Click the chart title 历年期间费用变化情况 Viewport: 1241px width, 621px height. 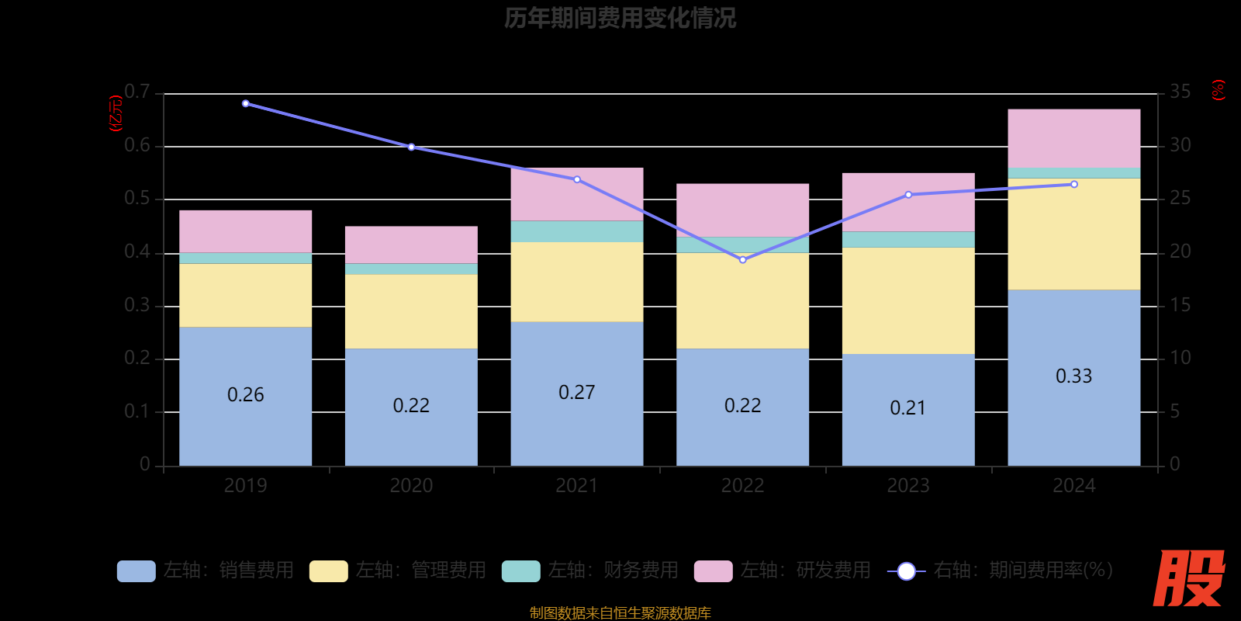tap(620, 17)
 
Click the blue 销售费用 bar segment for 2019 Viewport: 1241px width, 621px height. tap(245, 419)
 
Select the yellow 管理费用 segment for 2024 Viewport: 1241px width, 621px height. tap(1073, 234)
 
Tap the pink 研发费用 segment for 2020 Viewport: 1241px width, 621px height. tap(411, 245)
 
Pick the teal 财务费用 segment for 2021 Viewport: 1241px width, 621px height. tap(576, 231)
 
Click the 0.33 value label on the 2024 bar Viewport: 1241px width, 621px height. tap(1073, 376)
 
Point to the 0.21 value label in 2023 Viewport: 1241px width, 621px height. tap(907, 408)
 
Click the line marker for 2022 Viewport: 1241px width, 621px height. tap(742, 260)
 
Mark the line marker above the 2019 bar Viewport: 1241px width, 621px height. tap(245, 103)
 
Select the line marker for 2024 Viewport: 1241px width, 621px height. tap(1073, 185)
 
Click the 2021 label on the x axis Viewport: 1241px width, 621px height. tap(576, 486)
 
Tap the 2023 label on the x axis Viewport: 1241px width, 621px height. tap(907, 486)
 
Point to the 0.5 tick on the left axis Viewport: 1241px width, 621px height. tap(137, 199)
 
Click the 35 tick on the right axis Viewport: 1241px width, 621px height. tap(1180, 92)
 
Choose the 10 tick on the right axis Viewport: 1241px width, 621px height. tap(1180, 358)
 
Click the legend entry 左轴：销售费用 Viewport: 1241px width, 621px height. tap(206, 571)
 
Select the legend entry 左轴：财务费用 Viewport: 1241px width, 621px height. tap(590, 571)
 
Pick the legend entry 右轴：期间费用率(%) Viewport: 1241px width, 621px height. tap(1001, 571)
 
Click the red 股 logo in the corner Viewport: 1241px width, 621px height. tap(1188, 578)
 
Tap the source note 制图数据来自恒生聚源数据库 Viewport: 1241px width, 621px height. tap(620, 613)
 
